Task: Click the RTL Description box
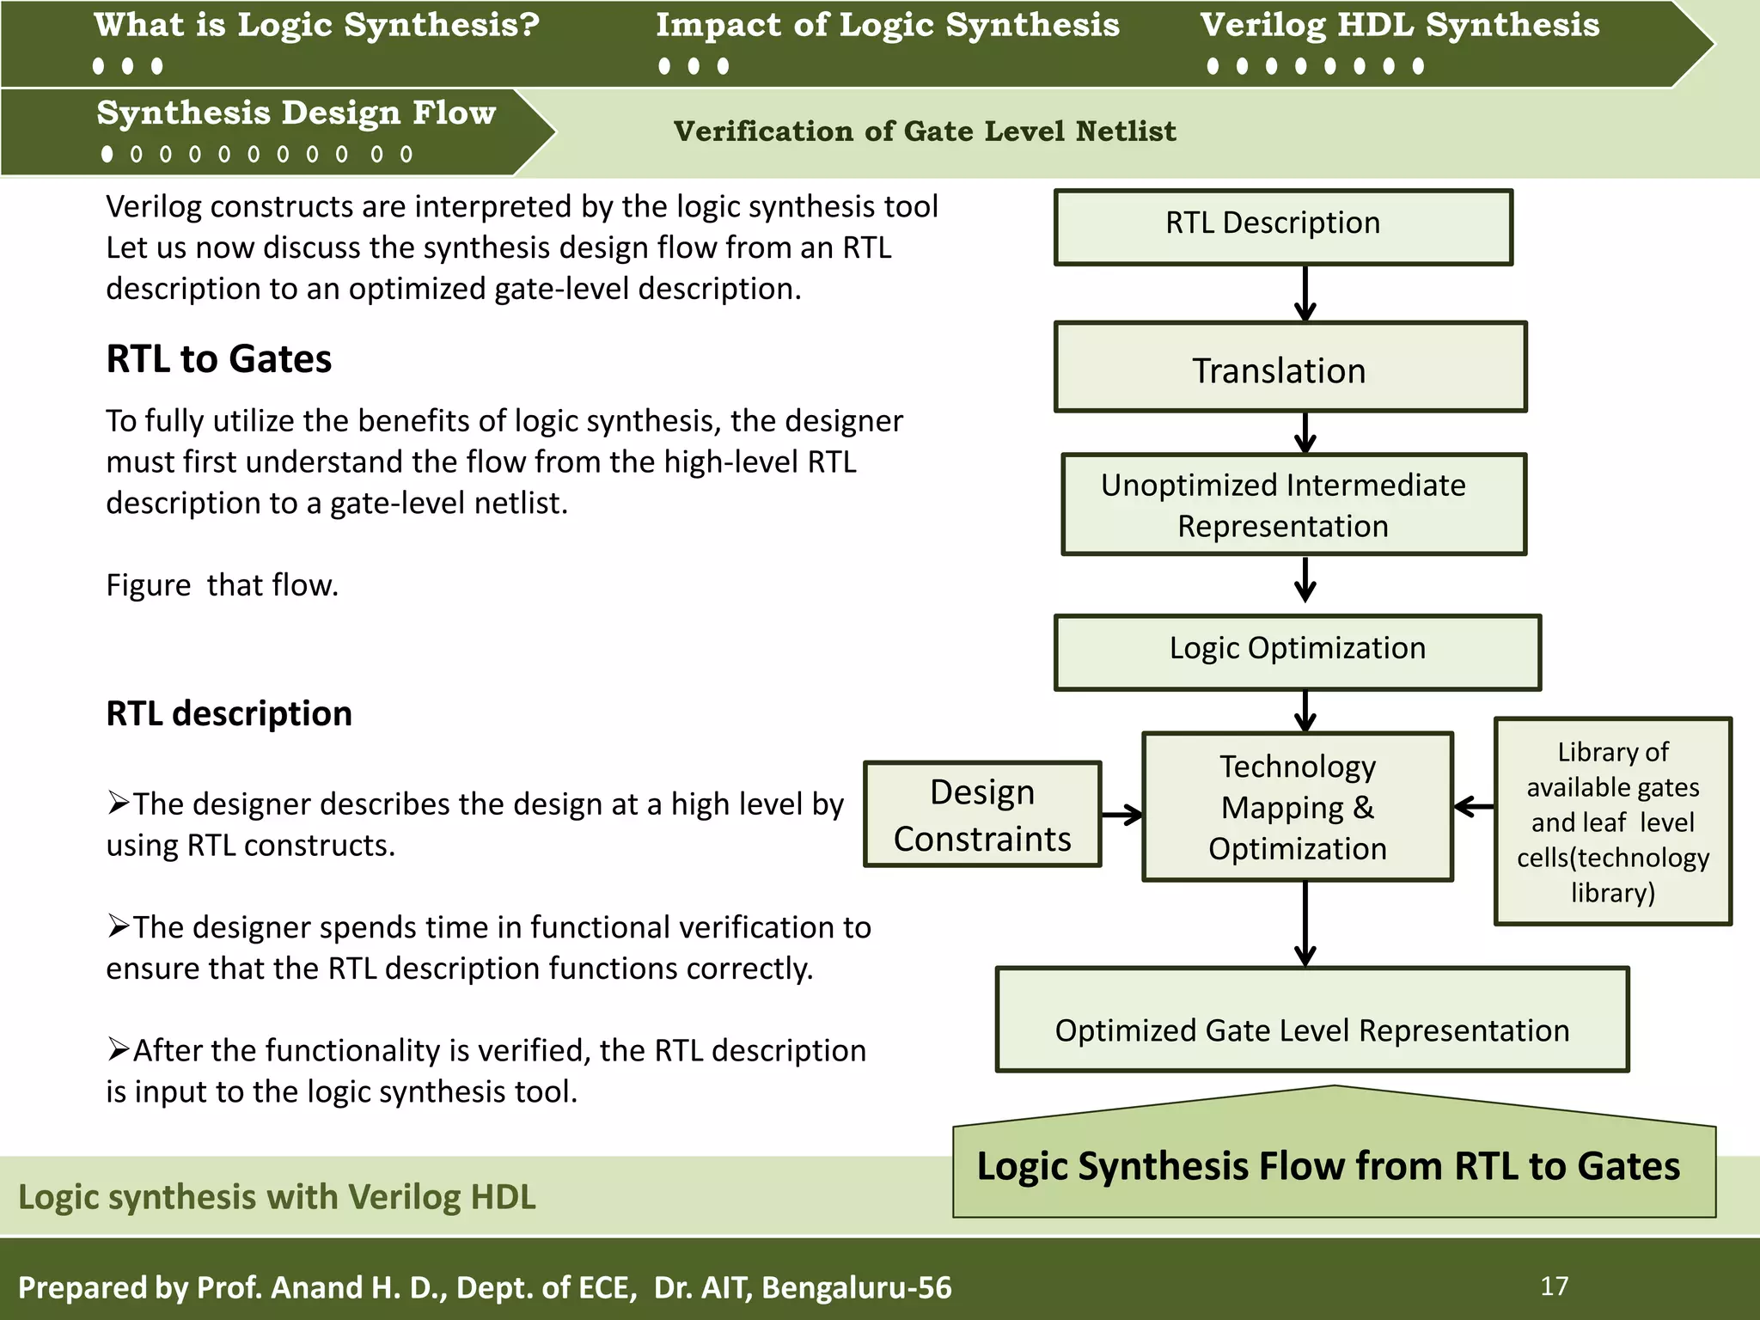[1283, 227]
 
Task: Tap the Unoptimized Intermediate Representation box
[1293, 504]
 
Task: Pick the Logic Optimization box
[1297, 651]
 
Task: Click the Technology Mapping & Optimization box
[1297, 806]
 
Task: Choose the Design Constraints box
[981, 814]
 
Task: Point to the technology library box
[1612, 821]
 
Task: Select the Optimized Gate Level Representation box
[1311, 1020]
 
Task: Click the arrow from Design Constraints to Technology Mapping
[1121, 814]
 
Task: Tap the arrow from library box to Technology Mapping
[1474, 806]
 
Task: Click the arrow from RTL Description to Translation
[1305, 293]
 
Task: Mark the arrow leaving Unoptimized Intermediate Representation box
[1305, 579]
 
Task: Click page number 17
[1554, 1286]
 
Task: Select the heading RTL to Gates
[218, 359]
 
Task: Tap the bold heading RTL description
[229, 713]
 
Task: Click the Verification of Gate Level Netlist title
[924, 131]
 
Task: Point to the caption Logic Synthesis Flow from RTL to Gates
[1328, 1166]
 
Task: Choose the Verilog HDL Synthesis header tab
[1399, 26]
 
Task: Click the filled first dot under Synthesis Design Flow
[107, 154]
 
